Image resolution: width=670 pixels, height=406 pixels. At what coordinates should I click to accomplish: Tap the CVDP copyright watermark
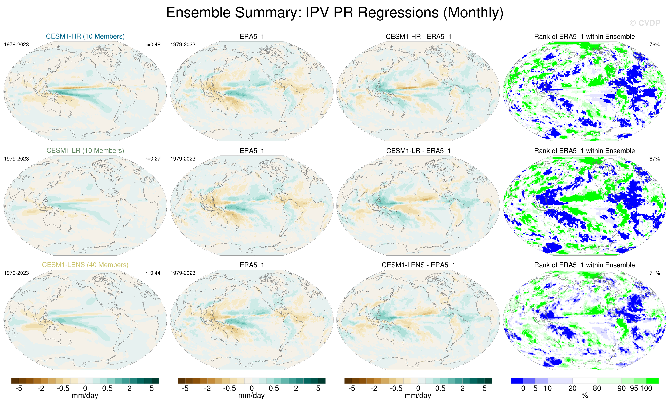[x=644, y=23]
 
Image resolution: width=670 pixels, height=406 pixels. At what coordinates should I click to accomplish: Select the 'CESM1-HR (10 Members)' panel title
[x=85, y=36]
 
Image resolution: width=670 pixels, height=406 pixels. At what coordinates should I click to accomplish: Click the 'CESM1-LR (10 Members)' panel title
[x=85, y=151]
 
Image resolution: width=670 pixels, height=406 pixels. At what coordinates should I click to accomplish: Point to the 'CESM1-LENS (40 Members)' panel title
[x=85, y=265]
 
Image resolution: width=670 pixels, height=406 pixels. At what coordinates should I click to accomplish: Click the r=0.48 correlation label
[x=153, y=45]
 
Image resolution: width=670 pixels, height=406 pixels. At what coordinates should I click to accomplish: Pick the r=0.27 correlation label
[x=153, y=159]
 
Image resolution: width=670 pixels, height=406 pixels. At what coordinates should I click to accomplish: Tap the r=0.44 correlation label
[x=153, y=273]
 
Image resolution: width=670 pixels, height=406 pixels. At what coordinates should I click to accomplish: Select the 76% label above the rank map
[x=654, y=45]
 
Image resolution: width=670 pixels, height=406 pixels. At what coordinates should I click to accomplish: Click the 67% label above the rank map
[x=654, y=159]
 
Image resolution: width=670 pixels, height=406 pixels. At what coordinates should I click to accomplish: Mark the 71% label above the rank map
[x=654, y=273]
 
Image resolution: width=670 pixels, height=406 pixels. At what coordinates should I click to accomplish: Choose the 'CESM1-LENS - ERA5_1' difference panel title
[x=418, y=265]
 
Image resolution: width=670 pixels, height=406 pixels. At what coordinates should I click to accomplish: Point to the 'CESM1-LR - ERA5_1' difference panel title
[x=418, y=151]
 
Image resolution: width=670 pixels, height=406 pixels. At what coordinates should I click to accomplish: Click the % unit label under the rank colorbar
[x=585, y=396]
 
